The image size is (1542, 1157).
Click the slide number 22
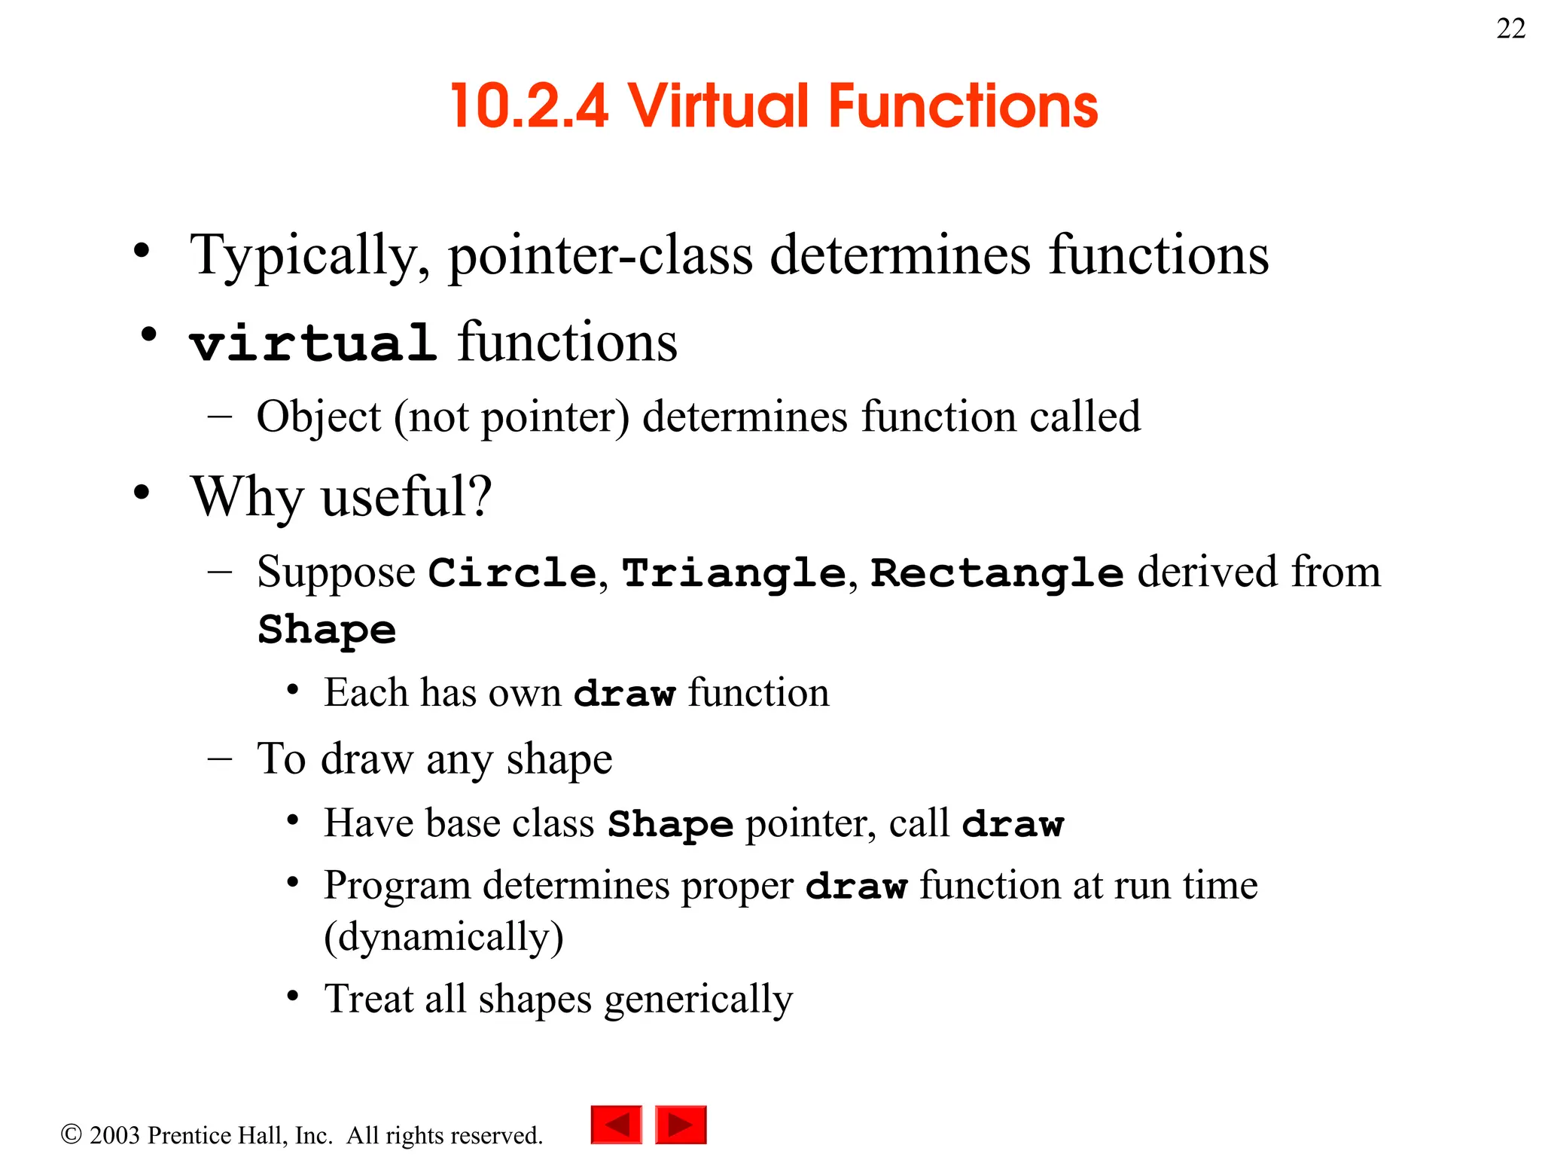pos(1510,29)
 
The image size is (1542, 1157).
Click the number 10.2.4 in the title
pos(529,106)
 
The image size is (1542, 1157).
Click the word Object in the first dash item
pos(318,417)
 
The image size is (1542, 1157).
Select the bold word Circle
pos(513,573)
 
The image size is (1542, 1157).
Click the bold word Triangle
pos(734,573)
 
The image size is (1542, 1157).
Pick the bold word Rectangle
pos(997,573)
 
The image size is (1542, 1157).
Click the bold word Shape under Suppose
pos(327,630)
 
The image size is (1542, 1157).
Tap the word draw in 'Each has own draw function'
pos(624,694)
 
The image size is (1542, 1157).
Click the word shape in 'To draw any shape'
pos(559,759)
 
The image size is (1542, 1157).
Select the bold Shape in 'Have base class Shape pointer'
pos(670,824)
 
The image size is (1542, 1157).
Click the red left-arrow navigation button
pos(617,1125)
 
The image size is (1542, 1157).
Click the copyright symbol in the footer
pos(71,1134)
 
